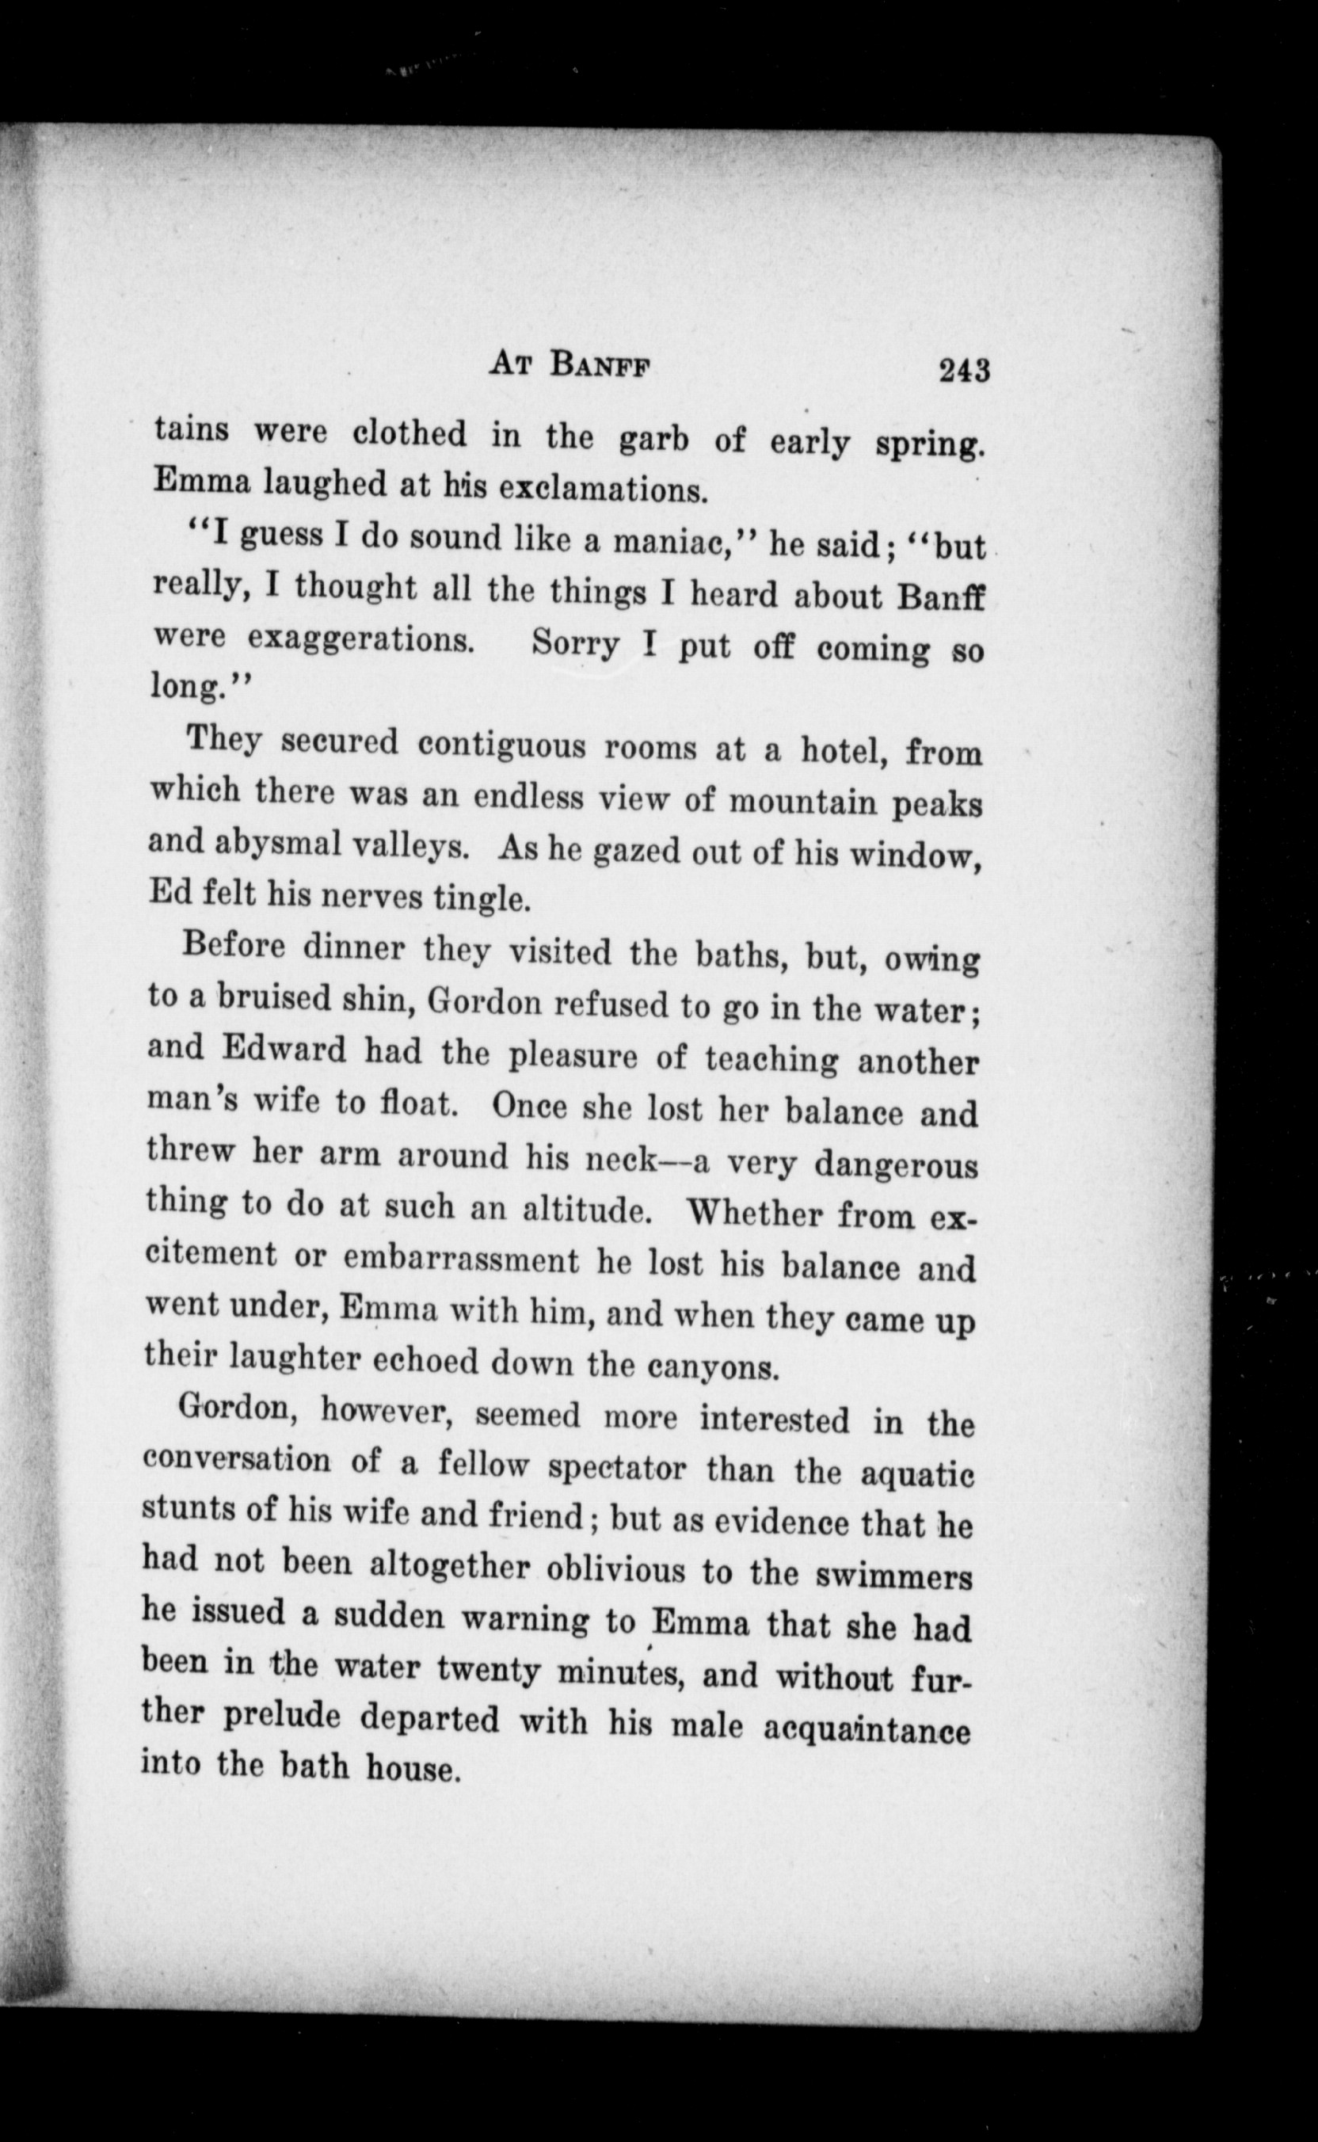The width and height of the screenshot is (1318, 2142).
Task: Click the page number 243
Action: point(964,372)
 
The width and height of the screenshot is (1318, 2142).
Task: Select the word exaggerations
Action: point(360,639)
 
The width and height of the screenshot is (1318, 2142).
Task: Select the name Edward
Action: point(284,1049)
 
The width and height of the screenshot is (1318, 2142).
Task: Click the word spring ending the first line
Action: point(929,444)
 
